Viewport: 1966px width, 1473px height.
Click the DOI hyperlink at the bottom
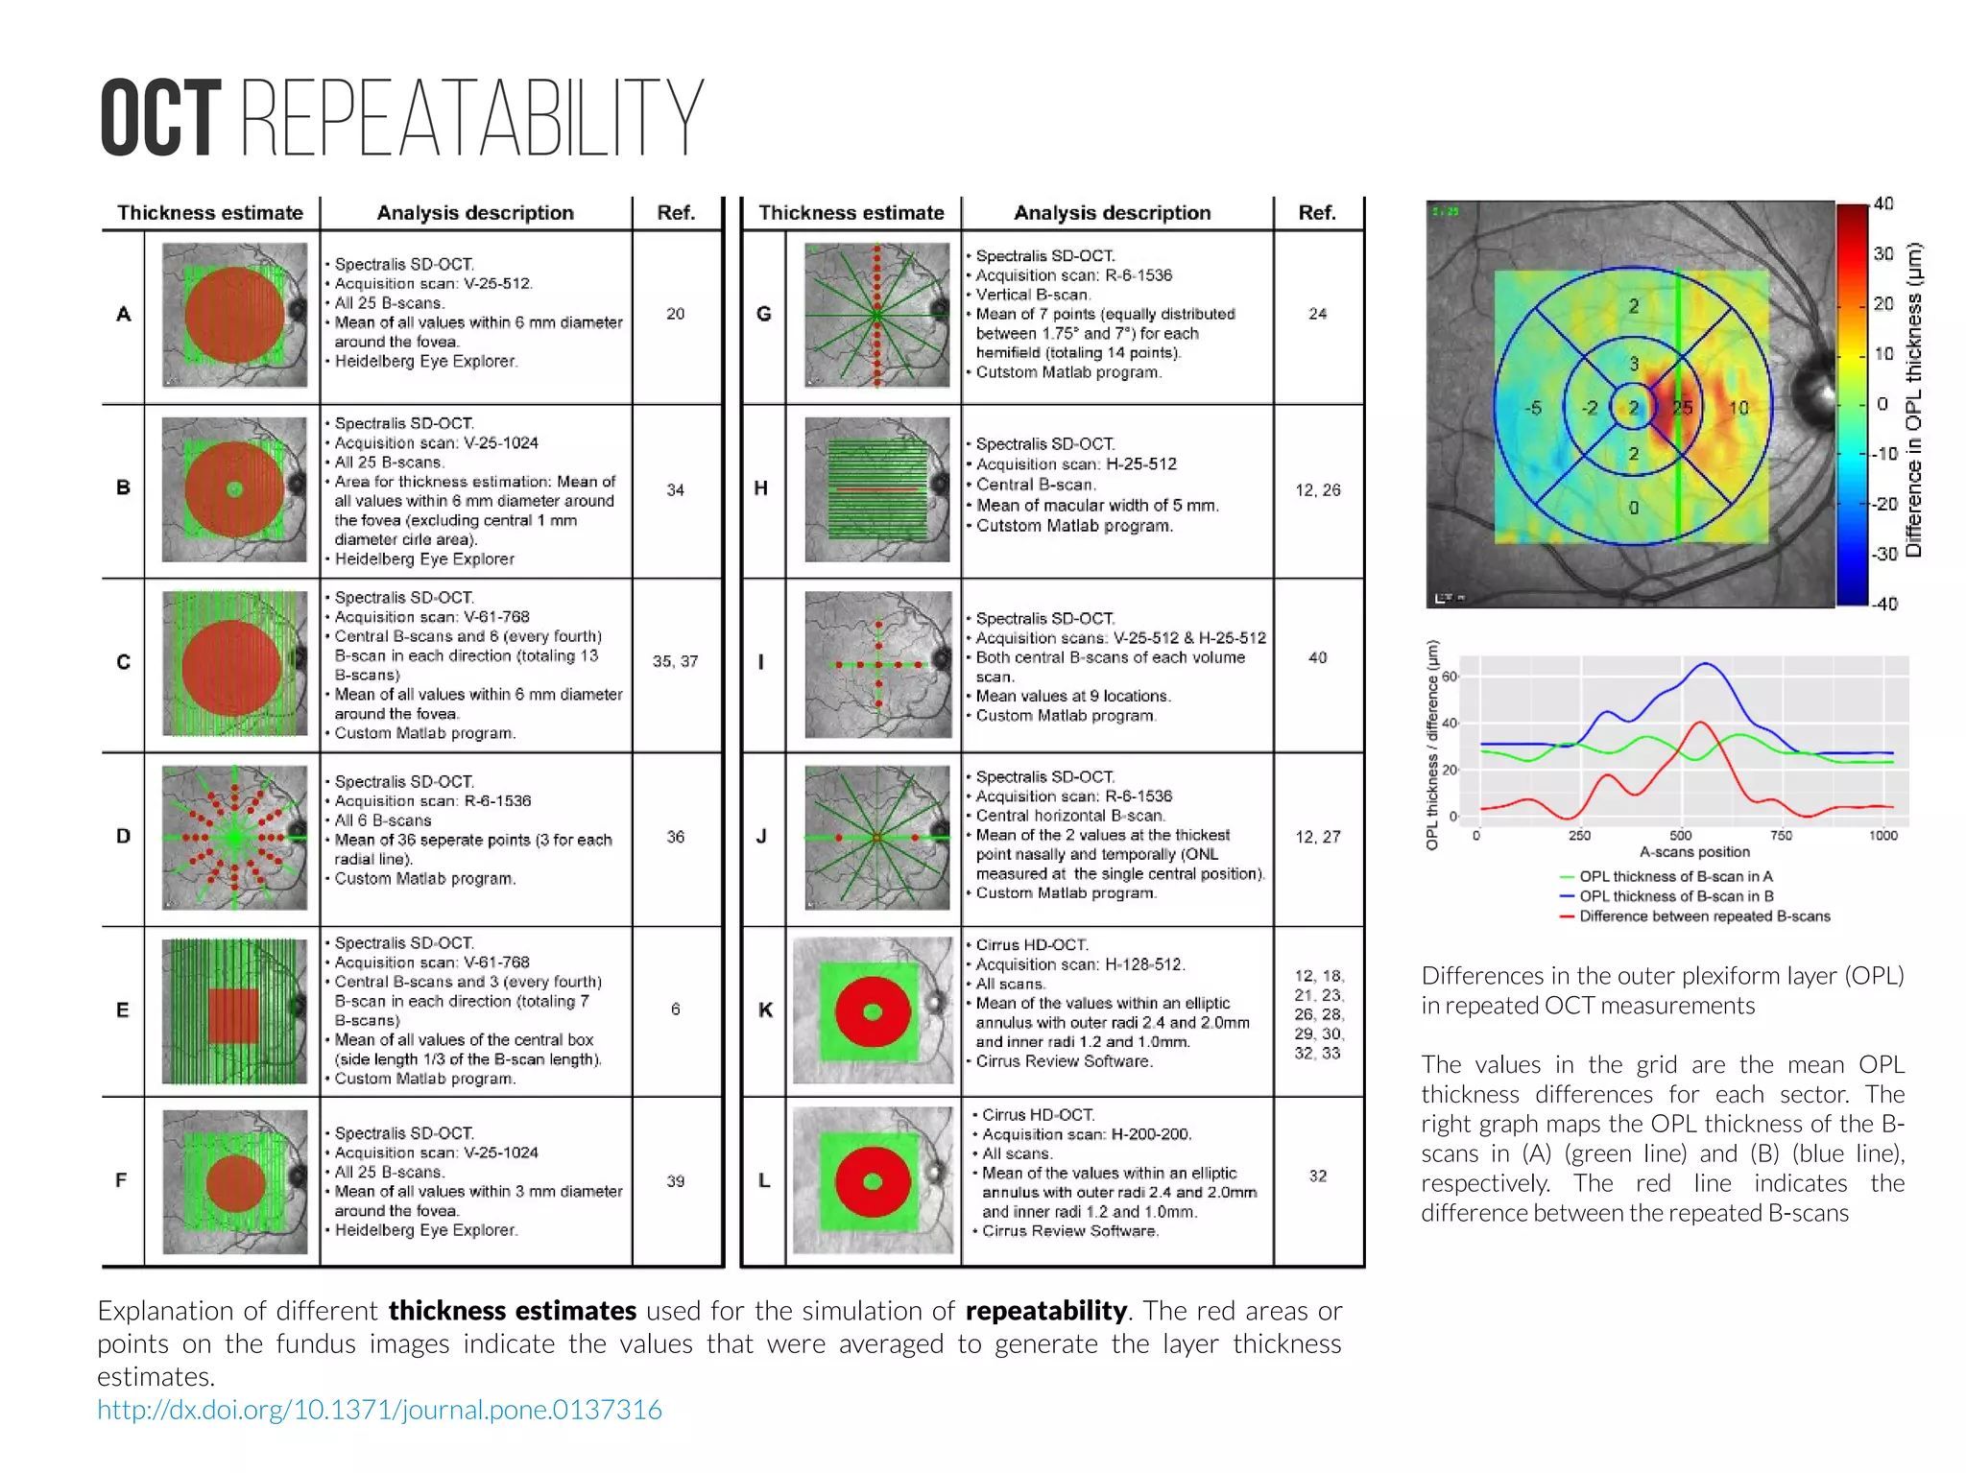click(379, 1410)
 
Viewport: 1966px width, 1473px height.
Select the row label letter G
click(763, 314)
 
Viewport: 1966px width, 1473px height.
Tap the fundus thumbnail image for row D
click(234, 838)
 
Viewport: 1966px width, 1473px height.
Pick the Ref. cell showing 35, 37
click(675, 661)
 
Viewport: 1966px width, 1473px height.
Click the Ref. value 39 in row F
click(675, 1181)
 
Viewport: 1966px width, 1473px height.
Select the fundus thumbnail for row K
click(873, 1010)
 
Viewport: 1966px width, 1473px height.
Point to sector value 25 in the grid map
click(1683, 408)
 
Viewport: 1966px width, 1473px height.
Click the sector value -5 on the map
click(1533, 408)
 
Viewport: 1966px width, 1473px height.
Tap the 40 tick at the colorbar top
click(1883, 203)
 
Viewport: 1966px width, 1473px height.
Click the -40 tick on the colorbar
click(1883, 604)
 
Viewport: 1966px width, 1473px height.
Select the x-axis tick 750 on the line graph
click(1781, 836)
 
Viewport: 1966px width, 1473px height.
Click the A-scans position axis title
click(1694, 852)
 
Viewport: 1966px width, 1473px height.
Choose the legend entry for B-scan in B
click(1675, 896)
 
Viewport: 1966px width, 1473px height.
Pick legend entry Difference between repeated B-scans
click(1704, 916)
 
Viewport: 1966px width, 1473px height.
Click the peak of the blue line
click(1706, 663)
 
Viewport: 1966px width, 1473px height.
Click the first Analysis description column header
click(474, 213)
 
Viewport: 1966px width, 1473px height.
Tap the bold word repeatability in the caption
click(1045, 1311)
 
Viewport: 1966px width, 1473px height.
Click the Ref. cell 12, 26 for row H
click(1317, 490)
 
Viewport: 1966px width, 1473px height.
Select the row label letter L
click(763, 1180)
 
